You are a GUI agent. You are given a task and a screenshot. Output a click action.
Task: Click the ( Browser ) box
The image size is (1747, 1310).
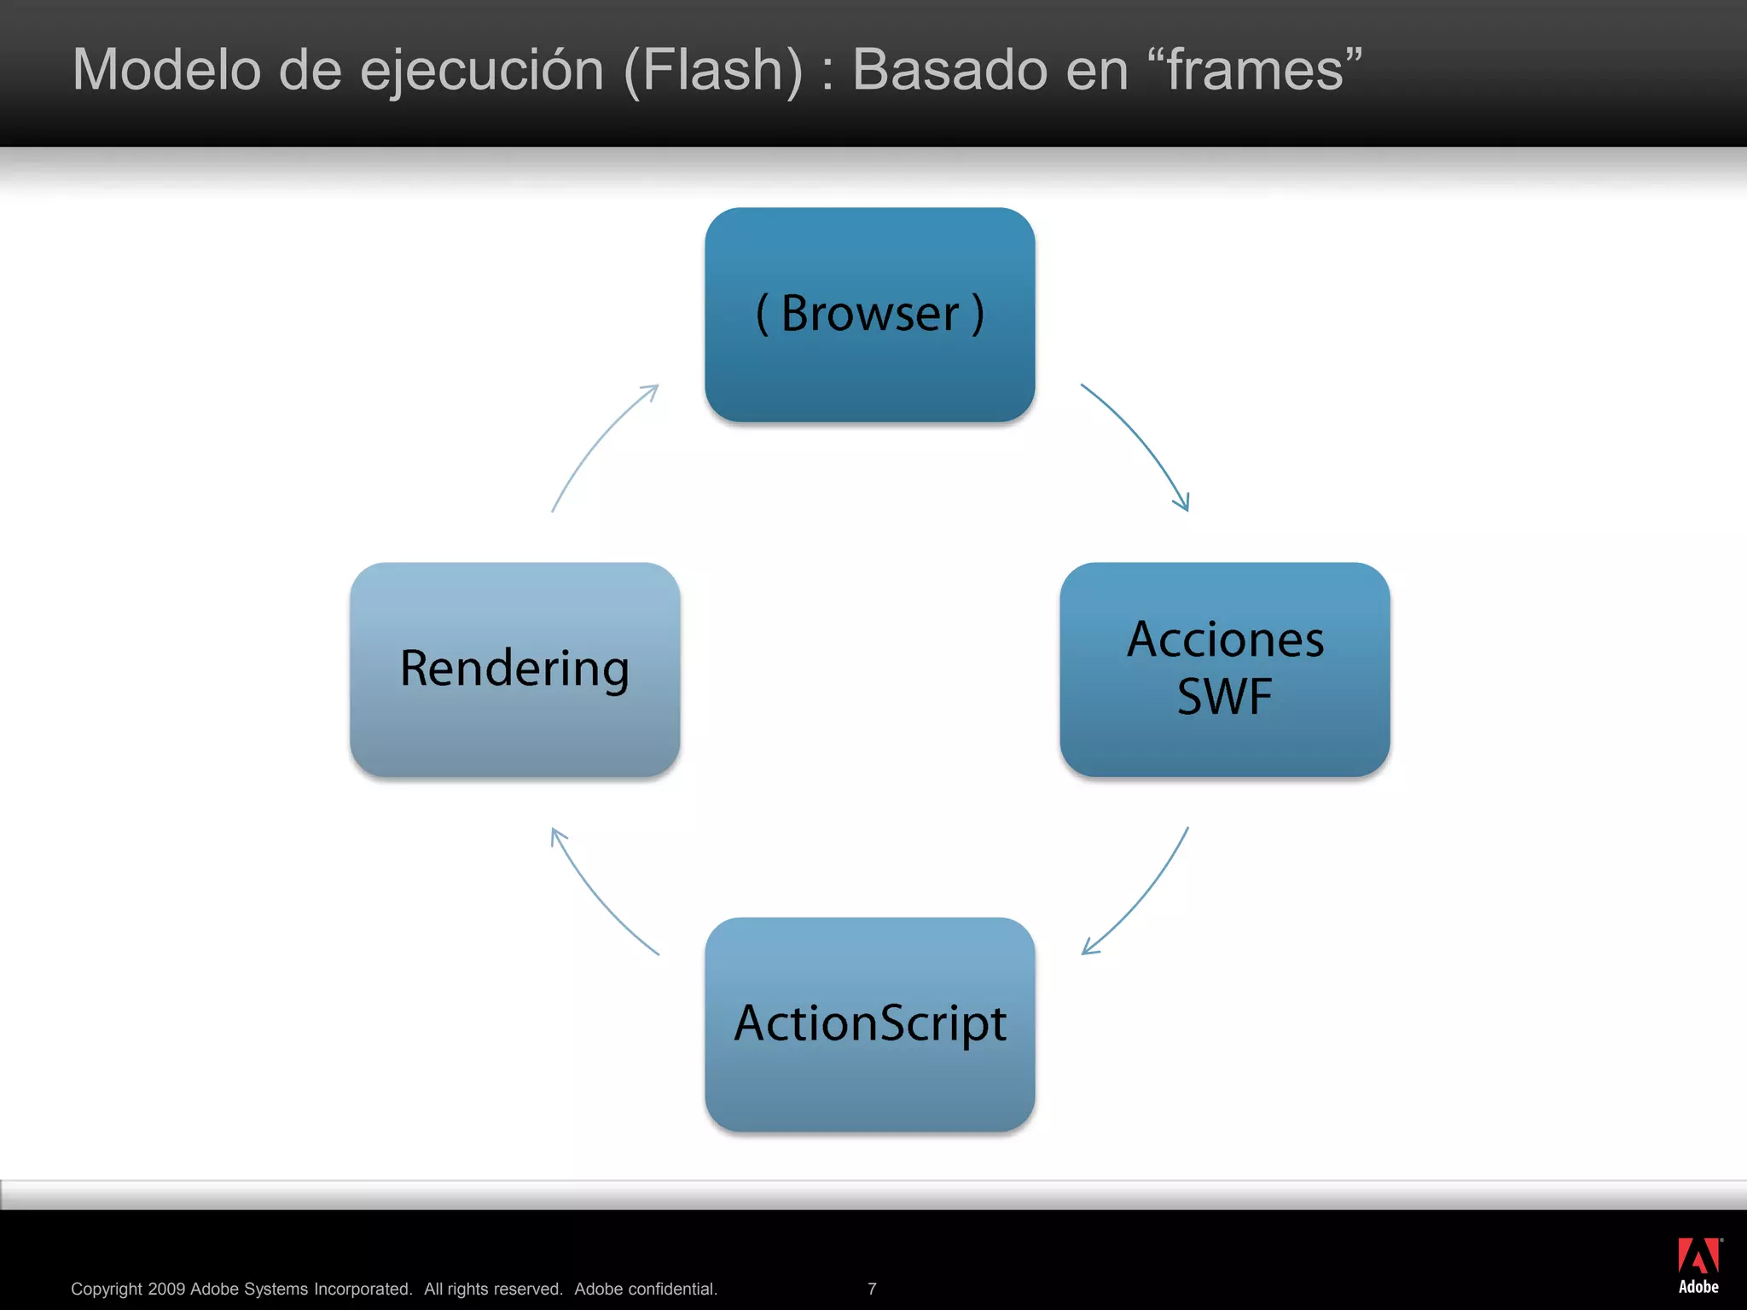pos(870,315)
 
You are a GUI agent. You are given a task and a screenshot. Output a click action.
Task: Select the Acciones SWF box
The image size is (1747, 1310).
pos(1225,669)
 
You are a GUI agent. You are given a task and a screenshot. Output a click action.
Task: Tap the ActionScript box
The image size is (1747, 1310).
pos(870,1024)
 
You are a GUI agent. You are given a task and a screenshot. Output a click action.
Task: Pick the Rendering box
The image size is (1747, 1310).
pos(514,669)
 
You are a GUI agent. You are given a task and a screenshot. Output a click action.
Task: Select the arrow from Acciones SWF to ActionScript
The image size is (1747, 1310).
pos(1143,896)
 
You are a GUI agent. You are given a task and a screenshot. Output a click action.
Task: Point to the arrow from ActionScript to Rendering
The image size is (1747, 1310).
pos(597,896)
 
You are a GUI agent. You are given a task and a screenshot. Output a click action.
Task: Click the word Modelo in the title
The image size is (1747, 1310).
pos(166,70)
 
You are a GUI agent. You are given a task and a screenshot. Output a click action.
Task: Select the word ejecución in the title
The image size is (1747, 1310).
pos(482,70)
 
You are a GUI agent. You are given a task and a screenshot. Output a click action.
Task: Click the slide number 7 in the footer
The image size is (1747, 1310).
pos(872,1289)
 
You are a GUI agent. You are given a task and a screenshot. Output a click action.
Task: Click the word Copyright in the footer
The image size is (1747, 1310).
pos(107,1289)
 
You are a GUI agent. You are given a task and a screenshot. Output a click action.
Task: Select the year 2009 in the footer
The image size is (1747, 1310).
pos(166,1289)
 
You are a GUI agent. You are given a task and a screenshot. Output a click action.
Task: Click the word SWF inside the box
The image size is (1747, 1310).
pos(1225,697)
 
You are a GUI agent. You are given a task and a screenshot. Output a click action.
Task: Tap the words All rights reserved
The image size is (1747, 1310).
pos(493,1289)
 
